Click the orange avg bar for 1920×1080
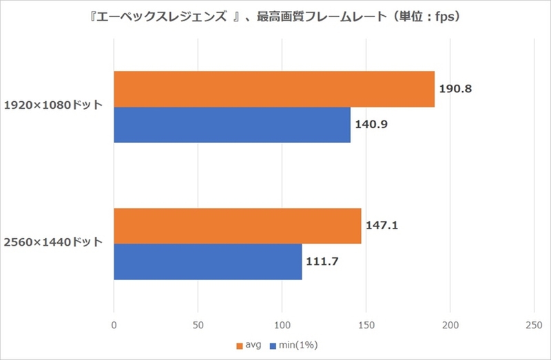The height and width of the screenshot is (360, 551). click(x=274, y=89)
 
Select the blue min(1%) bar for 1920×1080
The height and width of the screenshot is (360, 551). click(x=232, y=125)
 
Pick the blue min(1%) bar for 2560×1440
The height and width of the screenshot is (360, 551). click(x=207, y=262)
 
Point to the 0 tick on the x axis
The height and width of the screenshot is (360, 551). click(x=114, y=324)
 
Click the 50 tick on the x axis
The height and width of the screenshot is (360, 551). click(x=198, y=324)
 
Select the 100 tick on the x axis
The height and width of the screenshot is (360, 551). click(x=282, y=324)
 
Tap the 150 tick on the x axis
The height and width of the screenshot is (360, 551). click(x=366, y=324)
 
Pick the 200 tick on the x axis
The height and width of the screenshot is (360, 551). click(x=450, y=324)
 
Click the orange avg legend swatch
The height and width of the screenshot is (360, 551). click(x=240, y=344)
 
